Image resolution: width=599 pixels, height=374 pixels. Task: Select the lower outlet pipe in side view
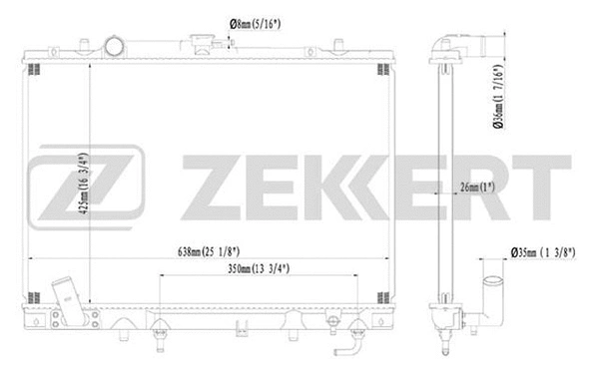click(x=493, y=299)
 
